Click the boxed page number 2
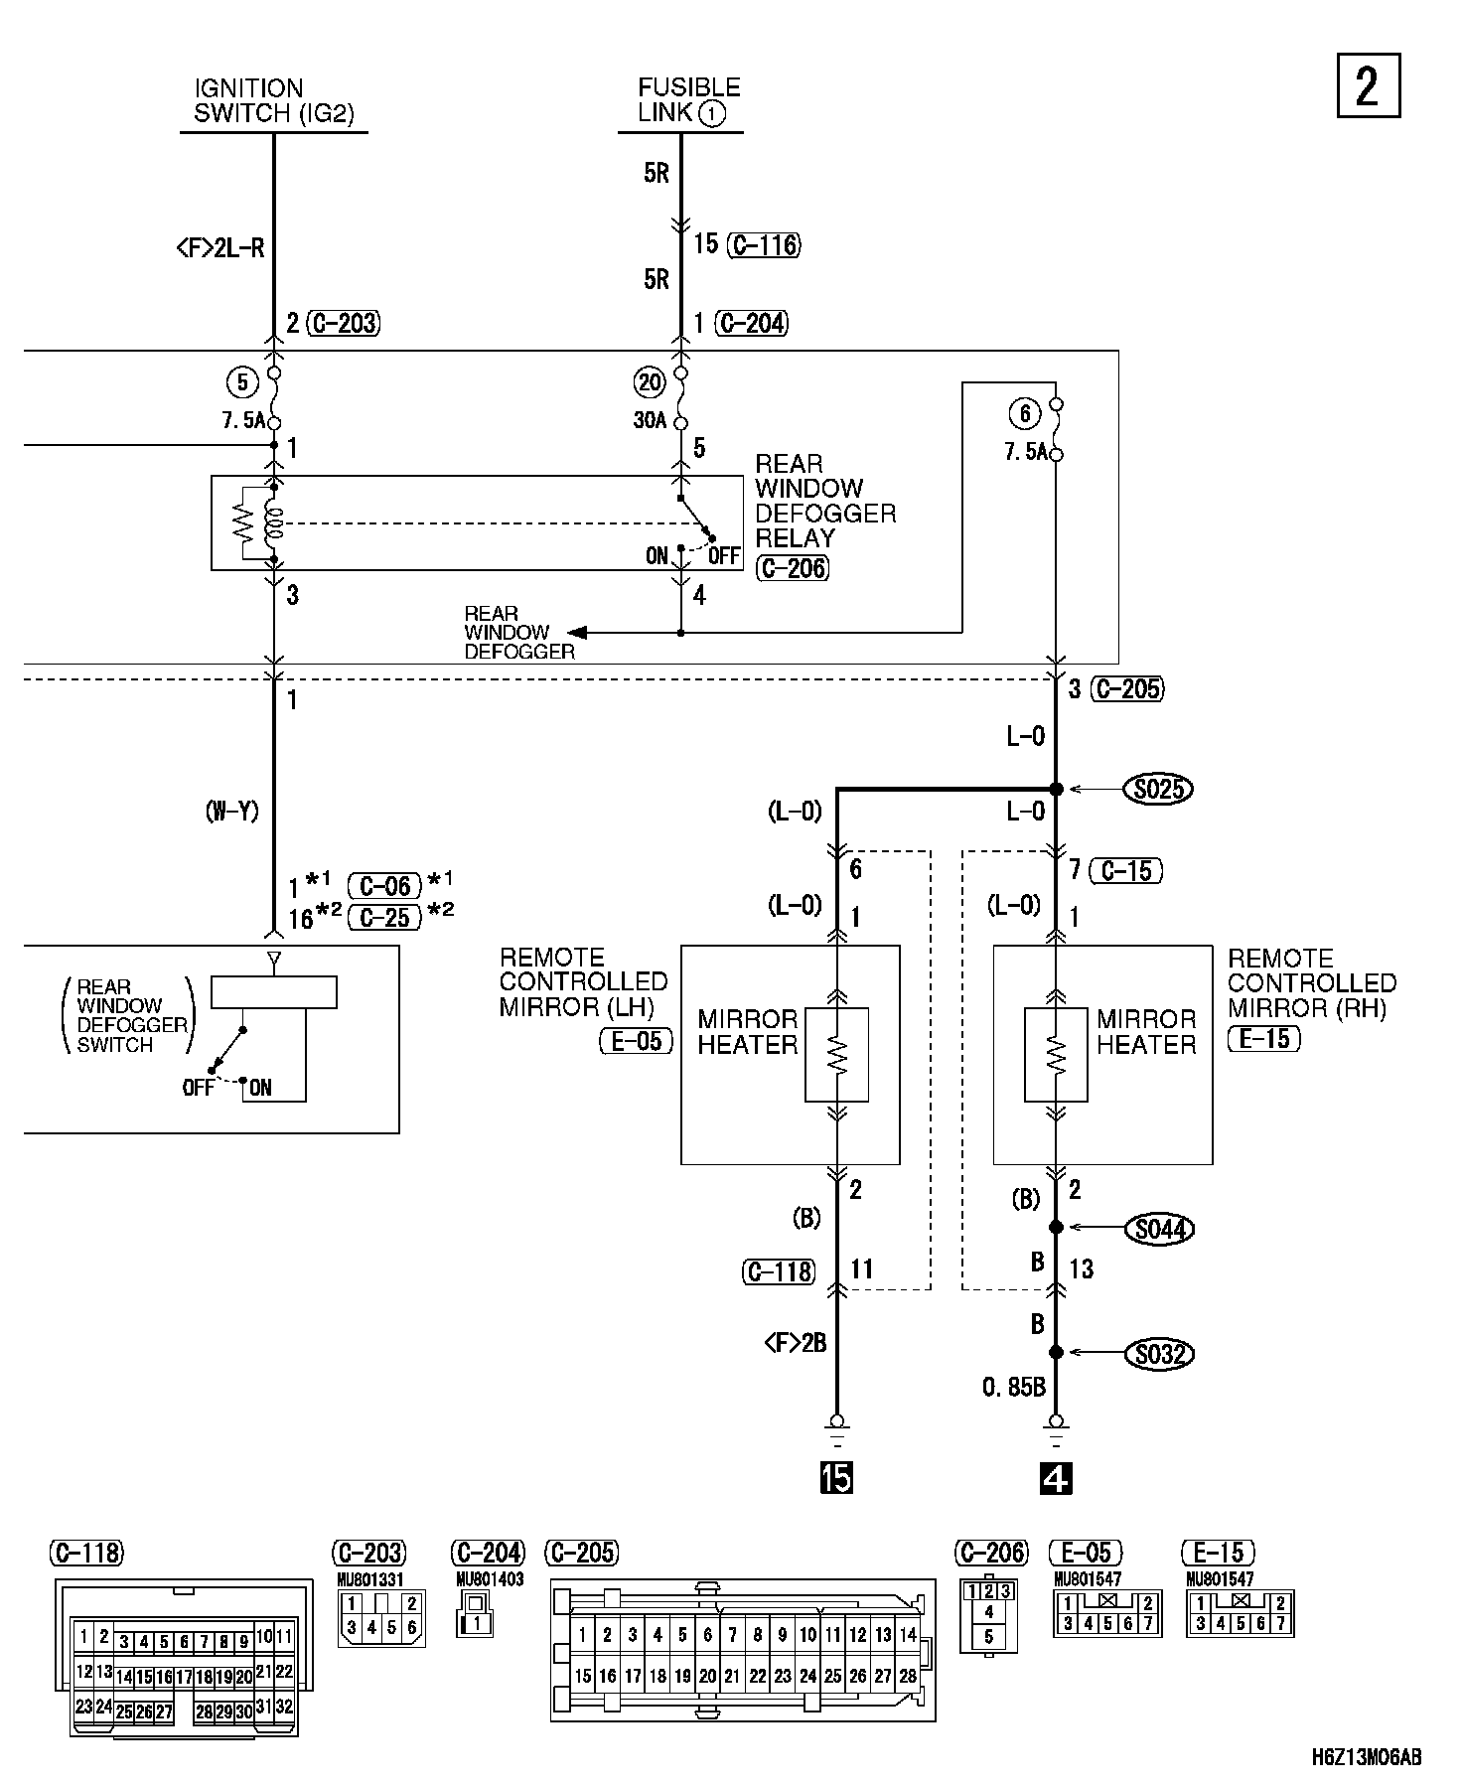coord(1368,85)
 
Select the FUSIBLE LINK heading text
coord(689,100)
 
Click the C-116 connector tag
coord(764,244)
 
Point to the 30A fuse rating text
coord(649,421)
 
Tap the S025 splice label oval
coord(1157,790)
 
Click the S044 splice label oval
coord(1159,1229)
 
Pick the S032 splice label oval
coord(1159,1353)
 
